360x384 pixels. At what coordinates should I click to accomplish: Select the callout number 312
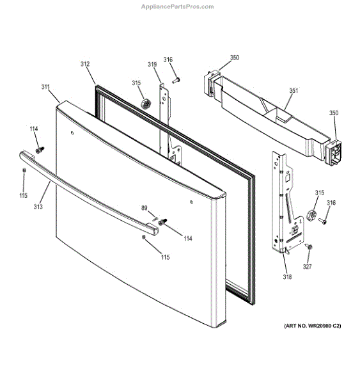85,64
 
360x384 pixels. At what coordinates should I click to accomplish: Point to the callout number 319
152,64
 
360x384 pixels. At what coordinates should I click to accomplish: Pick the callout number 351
293,91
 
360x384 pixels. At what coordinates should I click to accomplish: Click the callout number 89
145,208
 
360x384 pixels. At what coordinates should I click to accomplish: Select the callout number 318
287,277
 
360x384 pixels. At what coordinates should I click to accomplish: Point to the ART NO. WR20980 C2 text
312,326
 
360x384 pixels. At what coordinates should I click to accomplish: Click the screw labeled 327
309,246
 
